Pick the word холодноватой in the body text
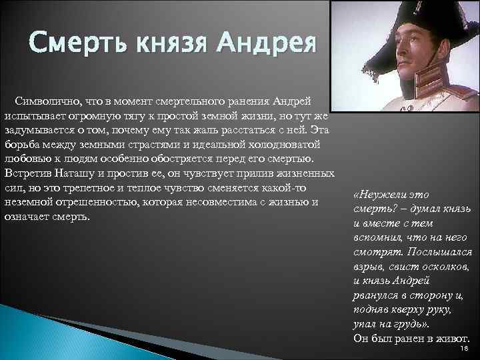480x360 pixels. point(289,144)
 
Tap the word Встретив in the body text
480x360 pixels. point(25,173)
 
